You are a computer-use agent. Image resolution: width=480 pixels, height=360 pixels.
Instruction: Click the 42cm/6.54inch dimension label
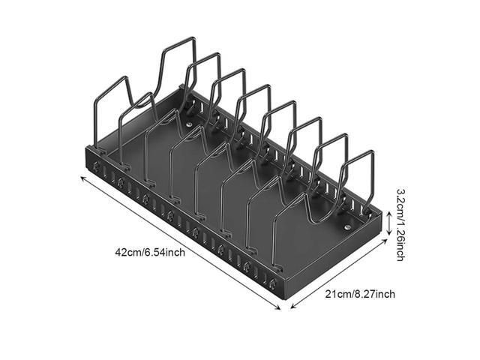[150, 252]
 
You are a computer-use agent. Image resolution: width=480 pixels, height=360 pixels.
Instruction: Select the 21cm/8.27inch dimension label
[359, 293]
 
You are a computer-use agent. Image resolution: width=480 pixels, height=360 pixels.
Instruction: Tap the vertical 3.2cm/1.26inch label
[400, 222]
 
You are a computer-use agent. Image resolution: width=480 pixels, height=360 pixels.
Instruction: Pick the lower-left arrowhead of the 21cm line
[292, 307]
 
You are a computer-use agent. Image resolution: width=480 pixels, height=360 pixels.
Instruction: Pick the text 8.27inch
[373, 293]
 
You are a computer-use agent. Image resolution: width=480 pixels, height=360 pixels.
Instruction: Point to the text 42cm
[127, 252]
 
